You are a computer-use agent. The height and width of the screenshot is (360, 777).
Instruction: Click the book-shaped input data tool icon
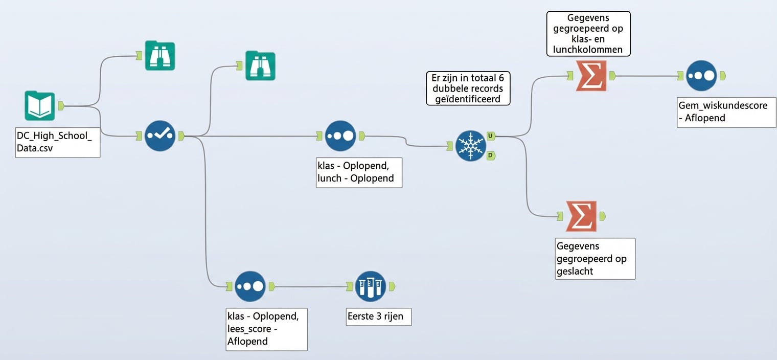tap(40, 106)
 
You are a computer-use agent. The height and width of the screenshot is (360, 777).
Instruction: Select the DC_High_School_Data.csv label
tap(54, 142)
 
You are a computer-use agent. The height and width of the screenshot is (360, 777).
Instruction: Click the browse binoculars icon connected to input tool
tap(159, 56)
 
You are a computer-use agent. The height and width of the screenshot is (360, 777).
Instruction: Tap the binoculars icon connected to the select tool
tap(260, 65)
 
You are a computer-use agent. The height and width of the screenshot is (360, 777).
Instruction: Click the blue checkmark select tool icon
tap(160, 136)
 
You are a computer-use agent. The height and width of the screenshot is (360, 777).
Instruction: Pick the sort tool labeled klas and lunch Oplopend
tap(340, 136)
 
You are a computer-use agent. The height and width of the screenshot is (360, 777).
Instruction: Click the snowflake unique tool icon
tap(470, 146)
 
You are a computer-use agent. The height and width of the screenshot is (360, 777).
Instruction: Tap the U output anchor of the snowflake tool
tap(490, 136)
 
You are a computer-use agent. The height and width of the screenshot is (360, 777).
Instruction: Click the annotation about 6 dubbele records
tap(468, 88)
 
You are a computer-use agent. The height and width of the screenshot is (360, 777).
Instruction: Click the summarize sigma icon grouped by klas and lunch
tap(591, 76)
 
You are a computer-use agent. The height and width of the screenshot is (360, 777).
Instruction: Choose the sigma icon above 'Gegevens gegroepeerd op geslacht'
tap(581, 216)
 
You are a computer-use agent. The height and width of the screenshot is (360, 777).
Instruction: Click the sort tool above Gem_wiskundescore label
tap(701, 76)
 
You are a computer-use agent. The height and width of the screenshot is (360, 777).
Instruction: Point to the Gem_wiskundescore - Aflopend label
tap(726, 112)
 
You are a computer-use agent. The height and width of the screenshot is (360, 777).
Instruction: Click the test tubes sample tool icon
tap(371, 286)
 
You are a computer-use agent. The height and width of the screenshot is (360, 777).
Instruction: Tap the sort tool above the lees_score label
tap(250, 286)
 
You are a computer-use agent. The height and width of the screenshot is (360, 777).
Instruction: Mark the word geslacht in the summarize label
tap(575, 271)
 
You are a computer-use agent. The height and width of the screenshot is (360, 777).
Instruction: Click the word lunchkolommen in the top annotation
tap(588, 50)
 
